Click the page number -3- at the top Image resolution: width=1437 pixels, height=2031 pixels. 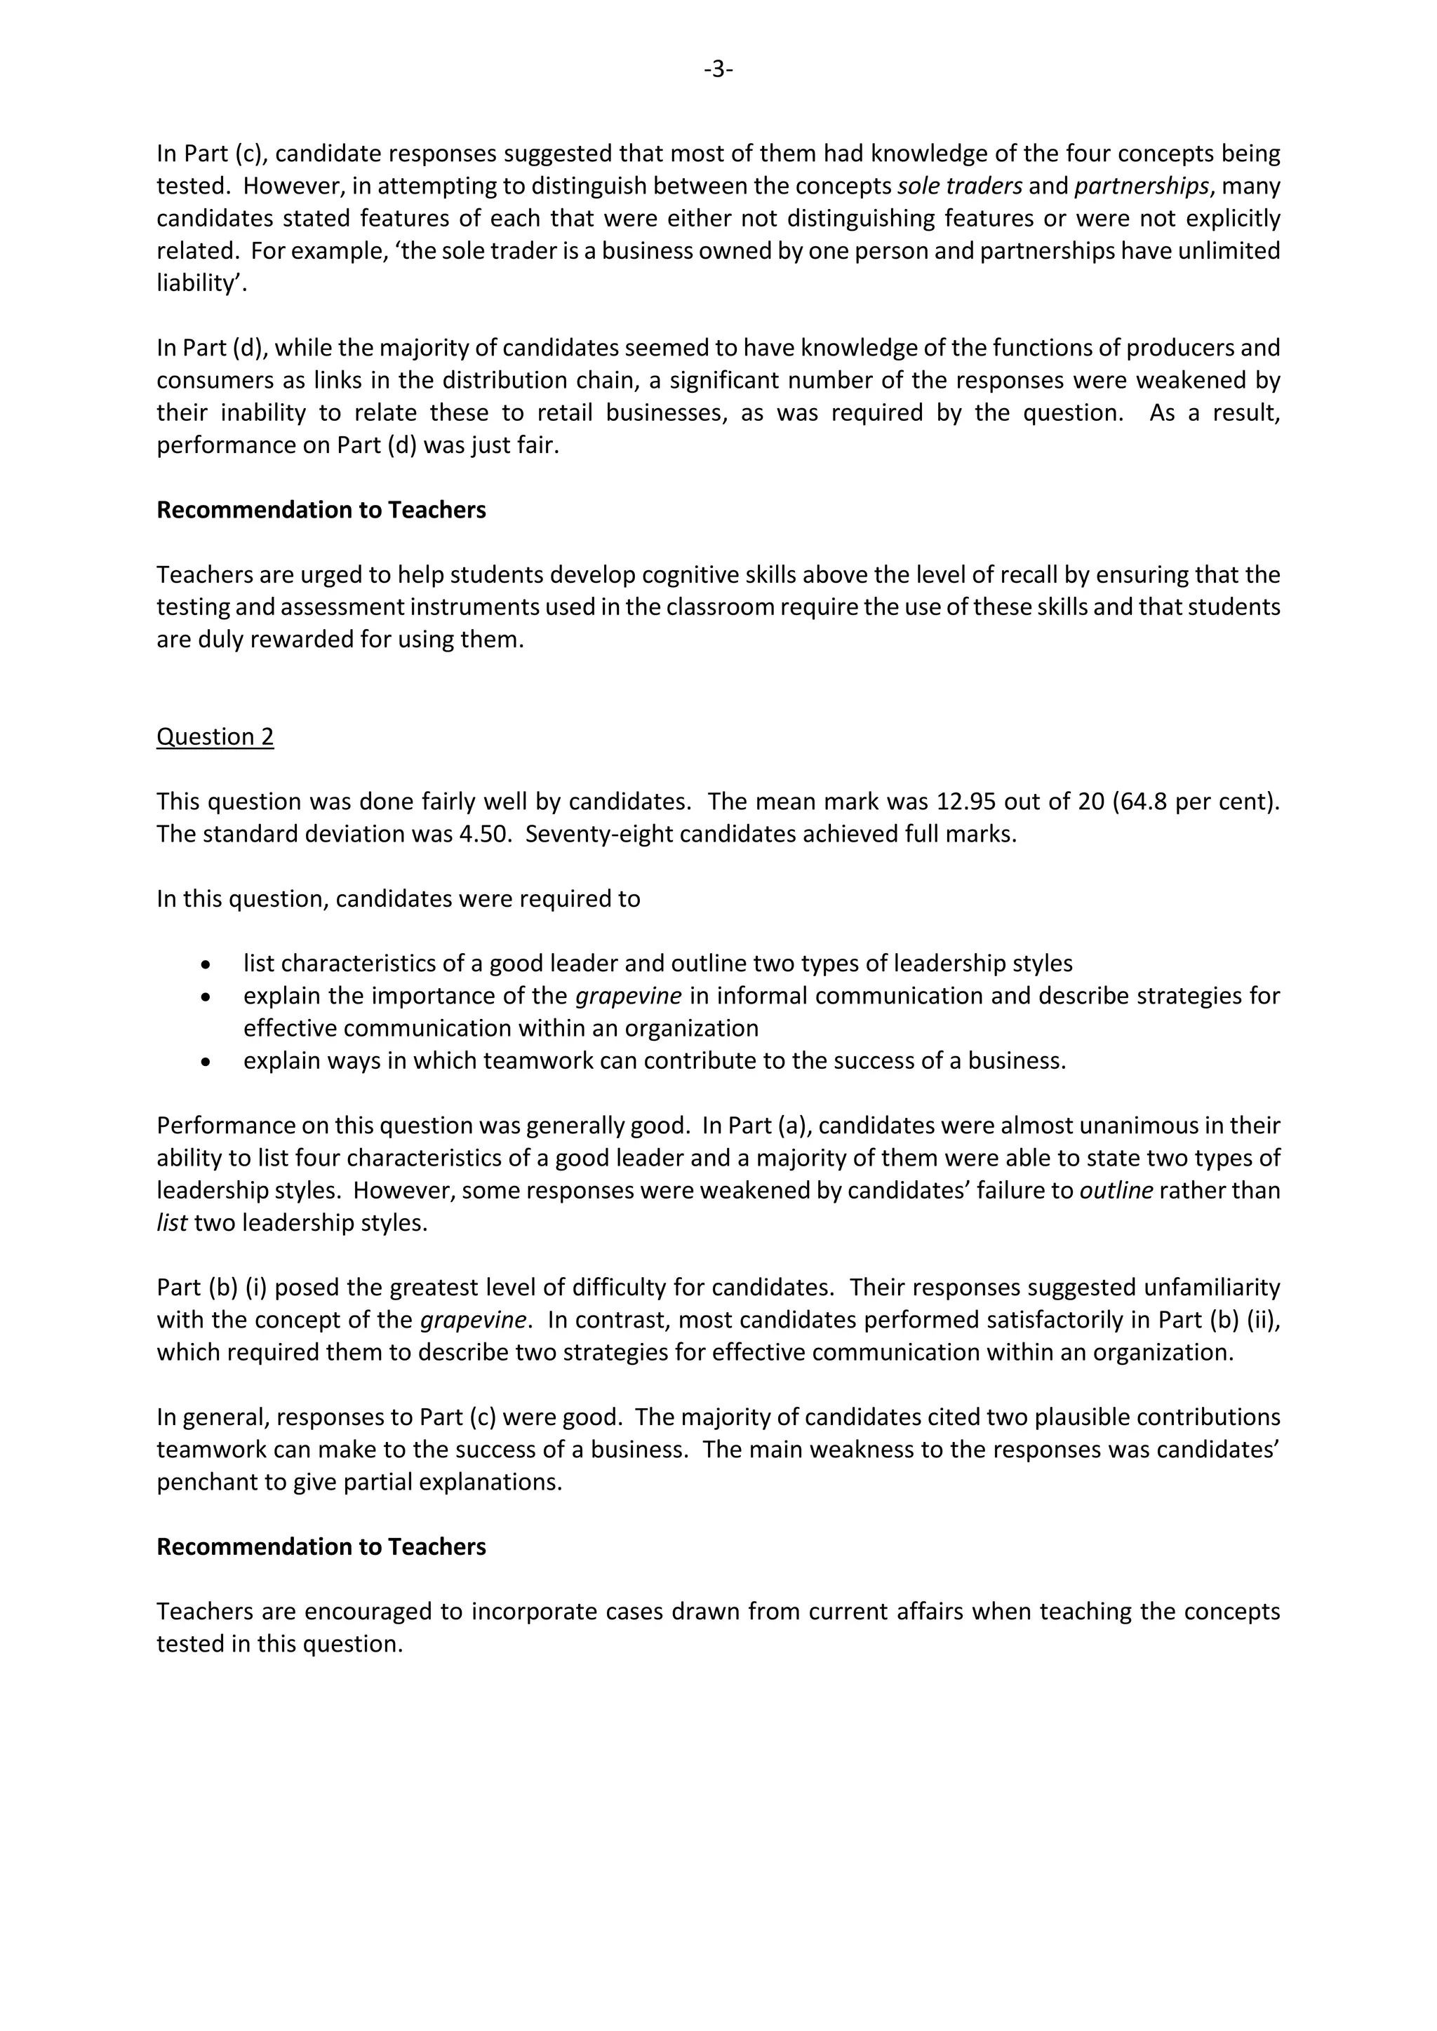pyautogui.click(x=718, y=69)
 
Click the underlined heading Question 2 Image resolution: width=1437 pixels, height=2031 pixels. pyautogui.click(x=215, y=737)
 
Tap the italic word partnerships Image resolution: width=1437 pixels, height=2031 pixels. pyautogui.click(x=1142, y=187)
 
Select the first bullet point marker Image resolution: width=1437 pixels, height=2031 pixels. pyautogui.click(x=206, y=964)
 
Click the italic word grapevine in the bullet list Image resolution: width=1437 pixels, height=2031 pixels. pyautogui.click(x=628, y=996)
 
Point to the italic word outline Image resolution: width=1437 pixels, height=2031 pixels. pyautogui.click(x=1116, y=1191)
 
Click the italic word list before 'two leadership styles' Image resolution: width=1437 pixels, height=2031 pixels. pyautogui.click(x=172, y=1223)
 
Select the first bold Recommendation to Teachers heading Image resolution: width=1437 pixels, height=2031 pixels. pyautogui.click(x=321, y=511)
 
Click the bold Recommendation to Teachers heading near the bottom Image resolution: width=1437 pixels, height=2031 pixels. pyautogui.click(x=321, y=1547)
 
